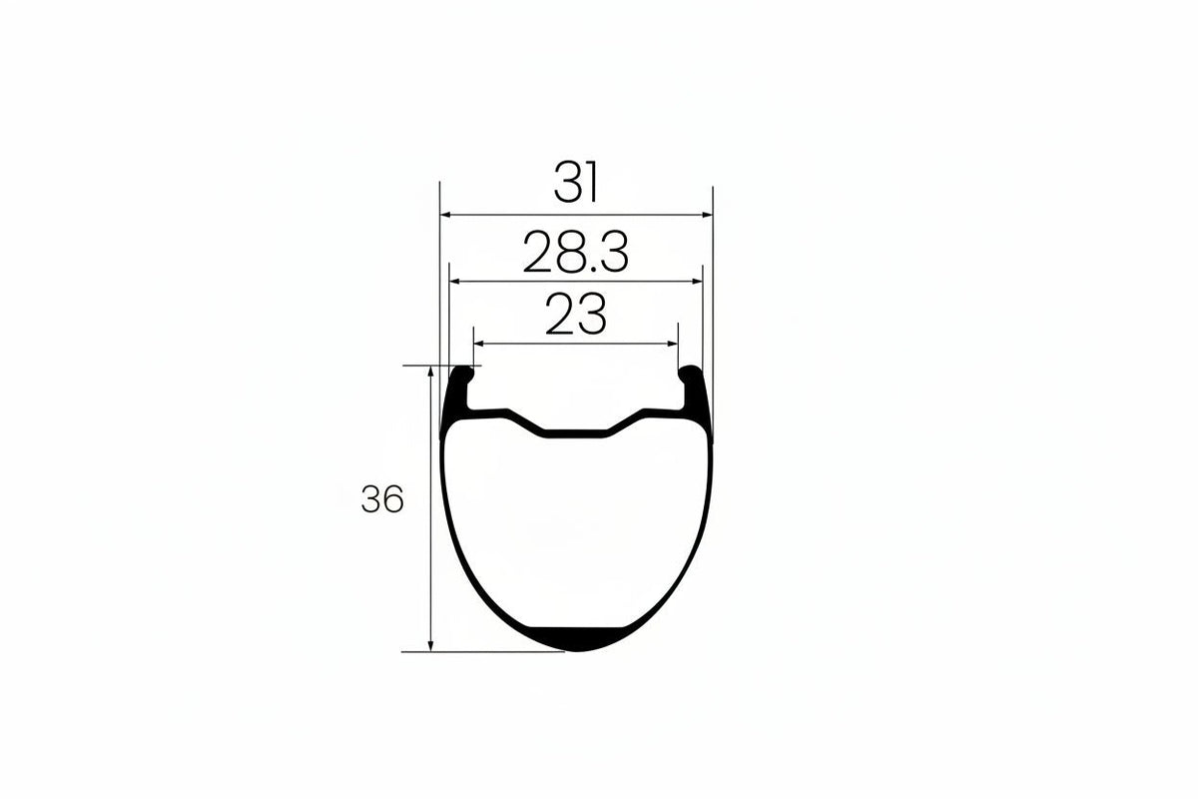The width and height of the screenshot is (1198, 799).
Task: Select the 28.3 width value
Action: tap(575, 252)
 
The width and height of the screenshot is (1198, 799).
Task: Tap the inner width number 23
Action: tap(576, 315)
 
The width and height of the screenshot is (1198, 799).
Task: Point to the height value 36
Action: tap(381, 498)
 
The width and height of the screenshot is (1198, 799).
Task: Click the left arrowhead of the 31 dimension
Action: tap(445, 215)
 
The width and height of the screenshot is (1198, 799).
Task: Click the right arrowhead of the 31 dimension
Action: tap(708, 215)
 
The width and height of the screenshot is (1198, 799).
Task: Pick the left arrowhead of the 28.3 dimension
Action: tap(454, 282)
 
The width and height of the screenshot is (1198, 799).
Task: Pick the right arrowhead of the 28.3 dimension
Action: tap(697, 282)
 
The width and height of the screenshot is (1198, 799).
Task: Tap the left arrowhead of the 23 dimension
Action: tap(478, 344)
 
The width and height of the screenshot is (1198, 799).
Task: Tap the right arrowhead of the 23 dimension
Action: tap(673, 344)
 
